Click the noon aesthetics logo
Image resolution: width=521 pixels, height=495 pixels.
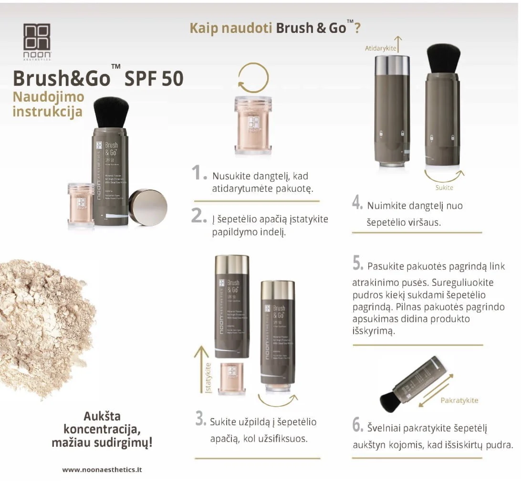coord(37,41)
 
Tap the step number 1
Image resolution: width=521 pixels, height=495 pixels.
coord(199,173)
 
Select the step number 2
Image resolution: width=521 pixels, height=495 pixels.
coord(199,216)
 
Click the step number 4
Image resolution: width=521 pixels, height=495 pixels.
coord(357,202)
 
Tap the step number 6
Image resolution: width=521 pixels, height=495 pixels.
coord(358,424)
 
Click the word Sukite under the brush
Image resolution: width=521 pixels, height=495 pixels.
coord(444,188)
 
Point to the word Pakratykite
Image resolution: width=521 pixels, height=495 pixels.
coord(459,400)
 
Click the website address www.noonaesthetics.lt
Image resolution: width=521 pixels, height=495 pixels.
coord(102,469)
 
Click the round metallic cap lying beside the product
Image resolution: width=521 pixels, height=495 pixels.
coord(148,207)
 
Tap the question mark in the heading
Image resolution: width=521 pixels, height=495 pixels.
coord(357,28)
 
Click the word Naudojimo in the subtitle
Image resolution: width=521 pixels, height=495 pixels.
coord(48,97)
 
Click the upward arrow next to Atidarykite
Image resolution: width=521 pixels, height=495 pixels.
coord(398,43)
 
